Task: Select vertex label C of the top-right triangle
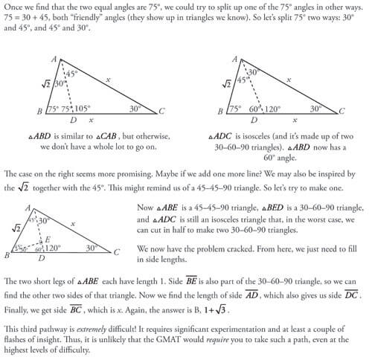[343, 111]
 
